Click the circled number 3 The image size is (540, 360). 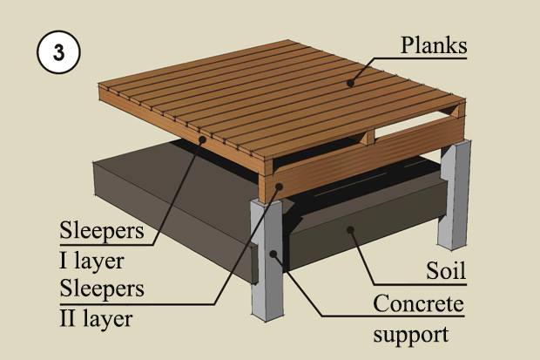58,52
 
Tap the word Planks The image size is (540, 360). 433,45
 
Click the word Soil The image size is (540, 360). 446,270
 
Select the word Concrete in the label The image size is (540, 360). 418,303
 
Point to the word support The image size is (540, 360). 411,334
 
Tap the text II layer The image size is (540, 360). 96,319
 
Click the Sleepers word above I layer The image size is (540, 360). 102,230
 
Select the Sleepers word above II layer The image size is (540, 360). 102,289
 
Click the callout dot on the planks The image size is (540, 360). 351,83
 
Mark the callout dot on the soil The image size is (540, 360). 351,229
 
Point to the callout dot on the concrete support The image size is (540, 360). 273,255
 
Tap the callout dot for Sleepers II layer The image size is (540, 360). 279,187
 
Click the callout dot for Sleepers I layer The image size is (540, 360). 202,139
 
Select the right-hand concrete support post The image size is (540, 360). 455,195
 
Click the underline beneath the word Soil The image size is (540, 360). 420,285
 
